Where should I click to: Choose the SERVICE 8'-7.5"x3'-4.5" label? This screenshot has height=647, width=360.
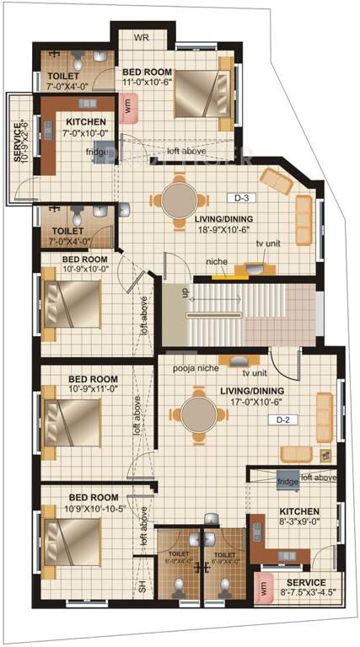pos(306,587)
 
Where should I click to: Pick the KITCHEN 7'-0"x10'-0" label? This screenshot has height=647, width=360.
pos(86,127)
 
